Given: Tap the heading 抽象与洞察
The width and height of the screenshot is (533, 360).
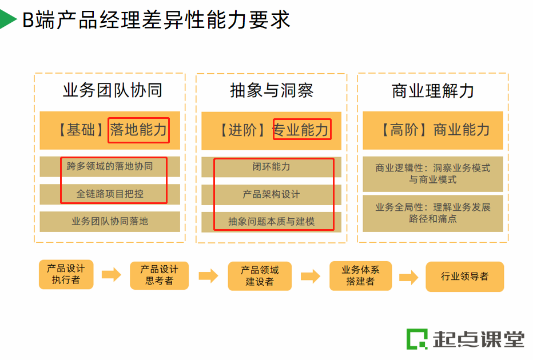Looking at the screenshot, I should tap(272, 90).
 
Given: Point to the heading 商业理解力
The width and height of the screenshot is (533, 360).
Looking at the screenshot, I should tap(432, 90).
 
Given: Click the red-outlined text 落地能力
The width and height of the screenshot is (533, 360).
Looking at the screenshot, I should tap(138, 130).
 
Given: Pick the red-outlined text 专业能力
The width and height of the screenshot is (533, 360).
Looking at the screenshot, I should tap(301, 130).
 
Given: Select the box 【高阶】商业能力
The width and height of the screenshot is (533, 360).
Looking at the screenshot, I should tap(433, 130).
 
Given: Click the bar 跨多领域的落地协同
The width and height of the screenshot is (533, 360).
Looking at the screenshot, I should tap(110, 166).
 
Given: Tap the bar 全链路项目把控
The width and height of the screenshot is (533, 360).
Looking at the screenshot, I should tap(110, 194).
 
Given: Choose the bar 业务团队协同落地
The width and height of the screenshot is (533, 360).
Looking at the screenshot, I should tap(110, 221).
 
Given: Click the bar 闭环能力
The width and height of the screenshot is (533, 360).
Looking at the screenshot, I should tap(272, 167).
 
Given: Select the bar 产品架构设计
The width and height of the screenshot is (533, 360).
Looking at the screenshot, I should tap(272, 194).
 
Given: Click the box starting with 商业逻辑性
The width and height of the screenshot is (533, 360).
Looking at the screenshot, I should tap(433, 174).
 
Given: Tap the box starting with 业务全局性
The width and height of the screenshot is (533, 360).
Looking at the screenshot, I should tap(433, 213).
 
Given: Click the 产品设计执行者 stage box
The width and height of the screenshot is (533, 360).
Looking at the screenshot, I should tap(66, 274).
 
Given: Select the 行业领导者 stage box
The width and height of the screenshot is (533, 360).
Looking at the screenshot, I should tap(464, 277).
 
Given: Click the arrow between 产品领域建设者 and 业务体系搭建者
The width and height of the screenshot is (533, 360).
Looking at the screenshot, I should tap(311, 276).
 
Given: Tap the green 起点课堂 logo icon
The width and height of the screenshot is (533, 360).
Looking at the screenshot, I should tap(416, 339).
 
